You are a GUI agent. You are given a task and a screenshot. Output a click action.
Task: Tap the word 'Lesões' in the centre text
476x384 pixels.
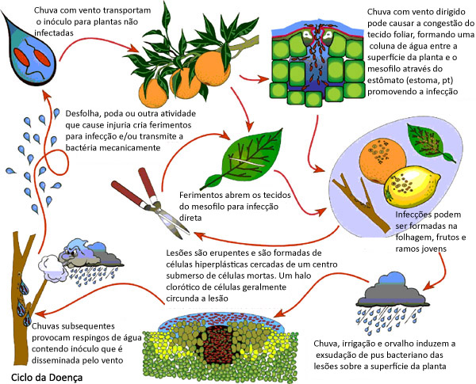pos(178,251)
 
